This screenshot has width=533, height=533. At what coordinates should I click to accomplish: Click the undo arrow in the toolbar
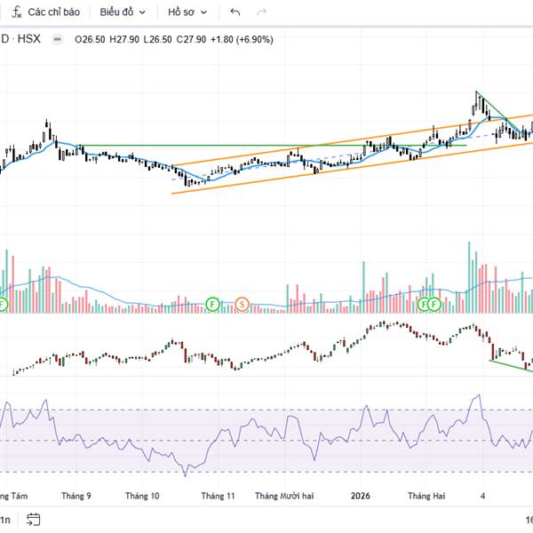click(x=235, y=12)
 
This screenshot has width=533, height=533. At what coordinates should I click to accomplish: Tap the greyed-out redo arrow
click(x=260, y=12)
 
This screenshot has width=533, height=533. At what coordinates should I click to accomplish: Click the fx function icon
click(x=16, y=12)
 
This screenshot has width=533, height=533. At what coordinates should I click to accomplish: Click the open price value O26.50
click(x=91, y=39)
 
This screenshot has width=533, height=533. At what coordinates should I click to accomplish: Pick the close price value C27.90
click(x=192, y=39)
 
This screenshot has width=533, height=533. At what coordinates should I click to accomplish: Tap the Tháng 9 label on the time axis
click(x=76, y=496)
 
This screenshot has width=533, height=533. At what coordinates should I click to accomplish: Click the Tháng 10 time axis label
click(x=142, y=496)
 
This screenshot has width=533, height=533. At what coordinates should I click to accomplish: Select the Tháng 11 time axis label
click(x=218, y=496)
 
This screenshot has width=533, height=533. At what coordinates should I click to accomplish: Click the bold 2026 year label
click(x=361, y=496)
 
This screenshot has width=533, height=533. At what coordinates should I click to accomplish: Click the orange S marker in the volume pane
click(x=242, y=304)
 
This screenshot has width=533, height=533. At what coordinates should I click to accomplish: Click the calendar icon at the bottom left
click(x=34, y=519)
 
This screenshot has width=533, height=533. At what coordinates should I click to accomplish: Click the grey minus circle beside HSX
click(x=58, y=39)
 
